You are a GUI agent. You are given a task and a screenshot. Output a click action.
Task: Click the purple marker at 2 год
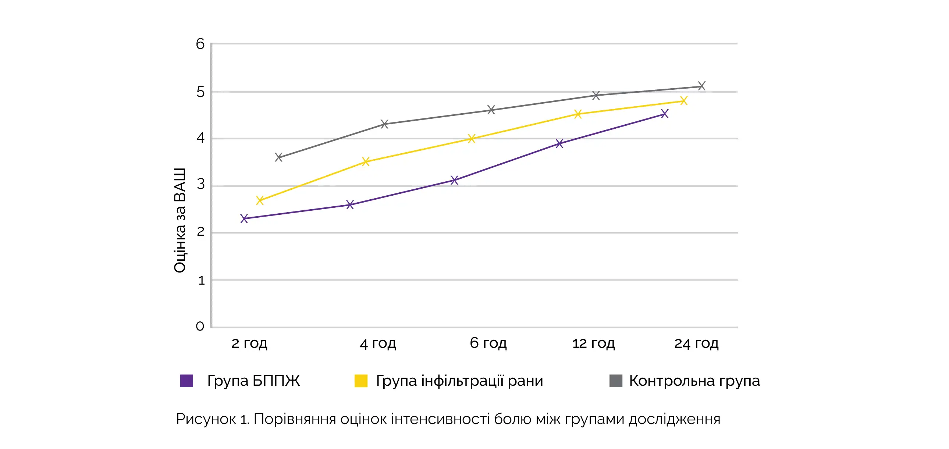244,218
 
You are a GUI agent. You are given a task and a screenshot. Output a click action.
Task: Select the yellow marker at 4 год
366,161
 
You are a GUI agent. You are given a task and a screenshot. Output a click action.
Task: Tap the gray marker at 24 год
701,86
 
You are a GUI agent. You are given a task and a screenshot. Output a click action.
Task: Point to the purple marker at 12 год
559,143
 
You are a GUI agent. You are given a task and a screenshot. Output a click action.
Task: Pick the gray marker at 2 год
278,157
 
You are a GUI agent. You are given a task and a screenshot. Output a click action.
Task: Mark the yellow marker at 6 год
472,139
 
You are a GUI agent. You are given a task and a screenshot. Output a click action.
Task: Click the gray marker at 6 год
491,110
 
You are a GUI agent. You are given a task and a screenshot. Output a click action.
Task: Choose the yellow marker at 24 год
683,100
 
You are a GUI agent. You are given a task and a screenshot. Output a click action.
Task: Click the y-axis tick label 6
200,44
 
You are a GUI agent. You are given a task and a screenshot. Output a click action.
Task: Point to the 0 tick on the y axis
200,326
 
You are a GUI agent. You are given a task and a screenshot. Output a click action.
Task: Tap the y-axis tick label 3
200,184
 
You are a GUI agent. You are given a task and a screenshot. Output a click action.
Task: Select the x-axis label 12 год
593,343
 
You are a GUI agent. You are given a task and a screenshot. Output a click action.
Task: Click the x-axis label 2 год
249,343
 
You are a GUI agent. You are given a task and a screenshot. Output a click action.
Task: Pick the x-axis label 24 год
696,343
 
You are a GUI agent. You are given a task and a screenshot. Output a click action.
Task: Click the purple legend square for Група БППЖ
186,381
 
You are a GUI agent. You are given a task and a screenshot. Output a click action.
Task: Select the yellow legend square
361,381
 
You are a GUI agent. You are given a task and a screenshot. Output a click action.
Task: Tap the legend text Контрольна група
694,381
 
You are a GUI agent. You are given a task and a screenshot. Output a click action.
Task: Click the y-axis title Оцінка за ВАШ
180,220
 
